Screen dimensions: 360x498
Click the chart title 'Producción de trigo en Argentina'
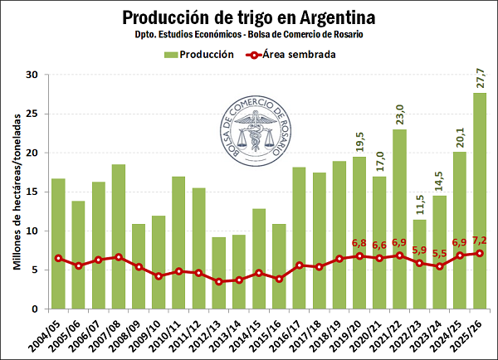tap(249, 17)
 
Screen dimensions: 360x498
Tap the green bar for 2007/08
tap(119, 236)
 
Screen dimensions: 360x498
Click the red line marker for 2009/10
tap(159, 276)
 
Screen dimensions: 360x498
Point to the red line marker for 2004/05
tap(58, 258)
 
